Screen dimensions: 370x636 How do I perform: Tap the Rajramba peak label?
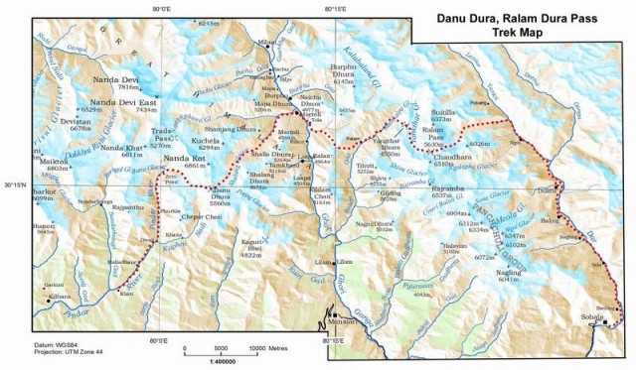(x=447, y=187)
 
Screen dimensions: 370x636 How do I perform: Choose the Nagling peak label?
(x=509, y=272)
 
